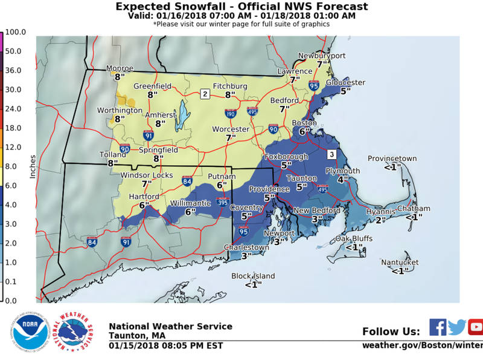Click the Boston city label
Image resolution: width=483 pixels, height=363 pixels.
coord(300,123)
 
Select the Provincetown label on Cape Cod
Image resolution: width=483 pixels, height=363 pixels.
coord(392,159)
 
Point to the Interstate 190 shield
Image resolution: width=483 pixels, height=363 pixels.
coord(230,113)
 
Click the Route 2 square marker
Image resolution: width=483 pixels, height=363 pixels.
coord(205,94)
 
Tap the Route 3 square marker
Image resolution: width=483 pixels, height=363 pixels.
coord(331,154)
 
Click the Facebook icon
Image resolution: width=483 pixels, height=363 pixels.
coord(438,327)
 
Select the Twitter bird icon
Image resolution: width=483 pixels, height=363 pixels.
coord(457,327)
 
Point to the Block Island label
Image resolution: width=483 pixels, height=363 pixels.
coord(253,276)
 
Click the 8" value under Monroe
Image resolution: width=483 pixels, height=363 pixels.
coord(118,77)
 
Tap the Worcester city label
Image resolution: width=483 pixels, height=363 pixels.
coord(231,129)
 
